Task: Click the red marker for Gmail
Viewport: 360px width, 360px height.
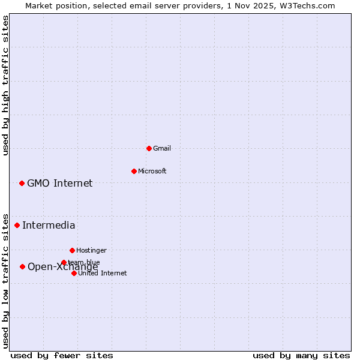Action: tap(149, 148)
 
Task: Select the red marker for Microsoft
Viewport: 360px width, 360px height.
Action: tap(134, 171)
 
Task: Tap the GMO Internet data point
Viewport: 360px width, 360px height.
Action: tap(22, 183)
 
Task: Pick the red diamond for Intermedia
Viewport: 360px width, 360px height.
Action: tap(17, 225)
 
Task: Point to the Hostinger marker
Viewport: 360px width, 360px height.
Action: tap(72, 250)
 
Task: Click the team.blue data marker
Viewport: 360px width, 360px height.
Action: tap(64, 262)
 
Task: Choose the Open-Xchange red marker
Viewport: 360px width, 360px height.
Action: tap(22, 266)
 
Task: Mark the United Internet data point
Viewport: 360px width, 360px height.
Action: tap(74, 273)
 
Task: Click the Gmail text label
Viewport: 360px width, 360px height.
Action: tap(162, 148)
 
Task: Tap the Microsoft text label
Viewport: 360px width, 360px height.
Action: tap(152, 171)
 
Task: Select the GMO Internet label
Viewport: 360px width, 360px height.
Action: tap(60, 183)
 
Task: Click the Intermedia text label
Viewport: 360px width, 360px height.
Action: tap(49, 225)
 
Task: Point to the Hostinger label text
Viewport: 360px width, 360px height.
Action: tap(91, 250)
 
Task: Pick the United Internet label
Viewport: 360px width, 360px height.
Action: tap(103, 273)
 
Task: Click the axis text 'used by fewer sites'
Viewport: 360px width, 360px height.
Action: tap(62, 355)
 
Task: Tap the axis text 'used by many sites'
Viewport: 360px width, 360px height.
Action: tap(301, 355)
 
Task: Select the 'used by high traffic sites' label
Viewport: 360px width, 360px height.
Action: tap(6, 85)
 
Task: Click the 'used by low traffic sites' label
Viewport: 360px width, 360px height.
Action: tap(6, 280)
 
